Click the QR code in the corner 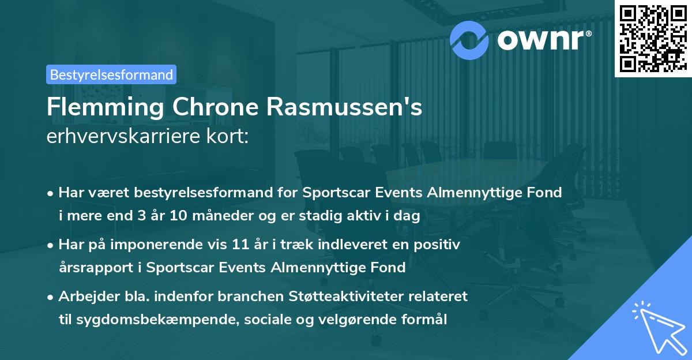(x=652, y=39)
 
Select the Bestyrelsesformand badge (x=111, y=74)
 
